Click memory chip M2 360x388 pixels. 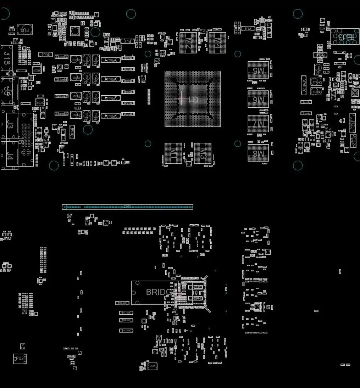coord(188,43)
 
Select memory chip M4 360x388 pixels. coord(217,43)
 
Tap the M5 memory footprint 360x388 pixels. coord(258,70)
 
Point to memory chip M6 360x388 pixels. coord(258,99)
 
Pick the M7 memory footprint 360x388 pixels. coord(258,124)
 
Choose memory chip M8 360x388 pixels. coord(258,153)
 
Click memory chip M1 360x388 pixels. coord(173,153)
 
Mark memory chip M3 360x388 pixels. coord(203,153)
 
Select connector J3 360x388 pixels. coord(10,125)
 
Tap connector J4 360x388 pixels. coord(10,156)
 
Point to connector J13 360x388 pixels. coord(7,58)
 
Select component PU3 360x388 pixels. coord(20,359)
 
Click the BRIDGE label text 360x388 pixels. coord(159,292)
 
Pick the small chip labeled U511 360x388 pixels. coord(153,366)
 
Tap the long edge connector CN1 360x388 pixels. coord(127,207)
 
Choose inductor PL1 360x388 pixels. coord(128,41)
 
